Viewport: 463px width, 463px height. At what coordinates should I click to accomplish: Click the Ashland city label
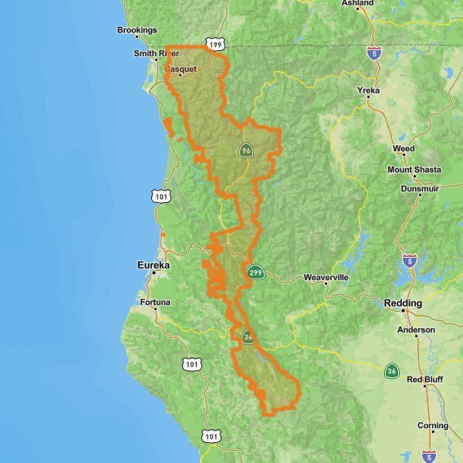357,4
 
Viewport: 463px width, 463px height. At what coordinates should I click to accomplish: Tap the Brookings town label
137,30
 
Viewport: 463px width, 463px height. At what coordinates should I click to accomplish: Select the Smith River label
156,53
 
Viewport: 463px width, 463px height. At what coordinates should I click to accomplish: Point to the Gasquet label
181,68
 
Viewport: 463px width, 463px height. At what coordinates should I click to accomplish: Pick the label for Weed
403,148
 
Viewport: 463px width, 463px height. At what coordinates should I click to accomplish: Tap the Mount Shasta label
414,170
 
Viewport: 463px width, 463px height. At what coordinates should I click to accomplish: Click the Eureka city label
153,264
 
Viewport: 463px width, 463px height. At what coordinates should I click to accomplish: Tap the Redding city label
403,303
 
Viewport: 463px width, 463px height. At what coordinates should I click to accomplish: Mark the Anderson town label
416,330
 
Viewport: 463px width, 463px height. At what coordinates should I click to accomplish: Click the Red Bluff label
426,380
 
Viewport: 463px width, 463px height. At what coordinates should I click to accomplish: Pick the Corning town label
432,425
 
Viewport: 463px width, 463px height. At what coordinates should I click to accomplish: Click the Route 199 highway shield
215,44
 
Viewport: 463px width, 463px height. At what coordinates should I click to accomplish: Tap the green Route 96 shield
245,150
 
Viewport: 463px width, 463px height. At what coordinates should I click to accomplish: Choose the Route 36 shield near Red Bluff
393,371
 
